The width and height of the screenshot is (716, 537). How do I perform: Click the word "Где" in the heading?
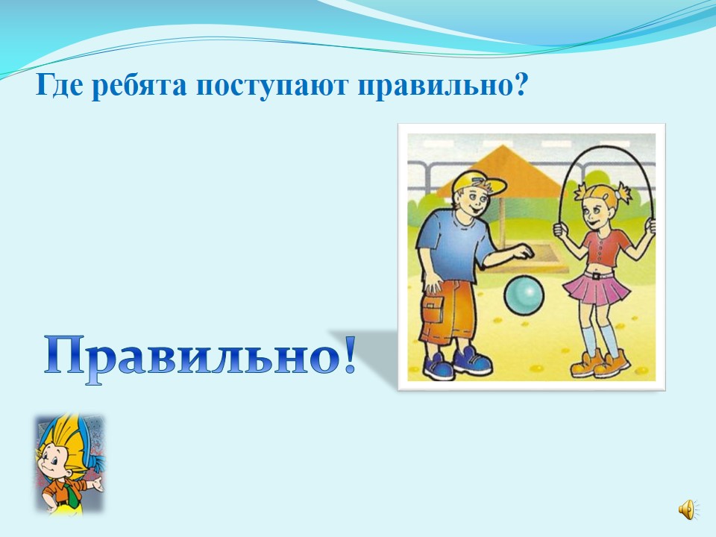tap(60, 85)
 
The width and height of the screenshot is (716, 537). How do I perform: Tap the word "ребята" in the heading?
tap(139, 86)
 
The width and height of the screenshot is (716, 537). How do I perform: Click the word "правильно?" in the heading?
tap(443, 86)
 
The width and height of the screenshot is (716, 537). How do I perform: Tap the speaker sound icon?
tap(687, 509)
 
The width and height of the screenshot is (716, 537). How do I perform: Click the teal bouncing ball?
tap(524, 295)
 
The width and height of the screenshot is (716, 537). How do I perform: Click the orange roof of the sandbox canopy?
tap(504, 170)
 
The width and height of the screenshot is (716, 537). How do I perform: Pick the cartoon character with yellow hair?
tap(69, 462)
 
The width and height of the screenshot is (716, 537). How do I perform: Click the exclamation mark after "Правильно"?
tap(349, 355)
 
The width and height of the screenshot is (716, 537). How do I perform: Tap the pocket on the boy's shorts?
tap(433, 311)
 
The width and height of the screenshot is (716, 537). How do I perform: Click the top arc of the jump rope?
tap(606, 142)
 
